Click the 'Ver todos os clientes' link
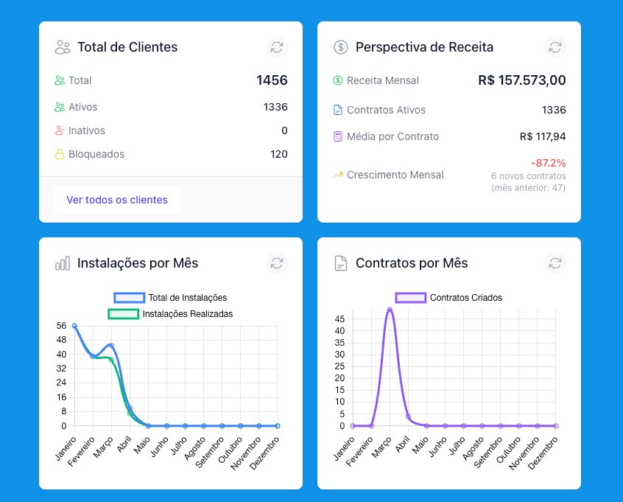117,200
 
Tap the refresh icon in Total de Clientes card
277,47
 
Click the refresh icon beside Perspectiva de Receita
555,47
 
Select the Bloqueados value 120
279,154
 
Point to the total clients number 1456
272,80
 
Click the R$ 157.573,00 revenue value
521,80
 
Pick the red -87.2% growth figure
549,163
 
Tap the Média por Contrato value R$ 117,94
543,136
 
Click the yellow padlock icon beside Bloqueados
59,154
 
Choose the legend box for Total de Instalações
129,298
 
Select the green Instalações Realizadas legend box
123,314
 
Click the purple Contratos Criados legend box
411,298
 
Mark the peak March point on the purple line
390,310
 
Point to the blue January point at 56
74,326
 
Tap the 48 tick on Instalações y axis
61,340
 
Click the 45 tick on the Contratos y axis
339,318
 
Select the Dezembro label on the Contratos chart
543,453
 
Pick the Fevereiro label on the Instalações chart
81,451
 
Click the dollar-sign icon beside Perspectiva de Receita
340,47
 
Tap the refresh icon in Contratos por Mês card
555,263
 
